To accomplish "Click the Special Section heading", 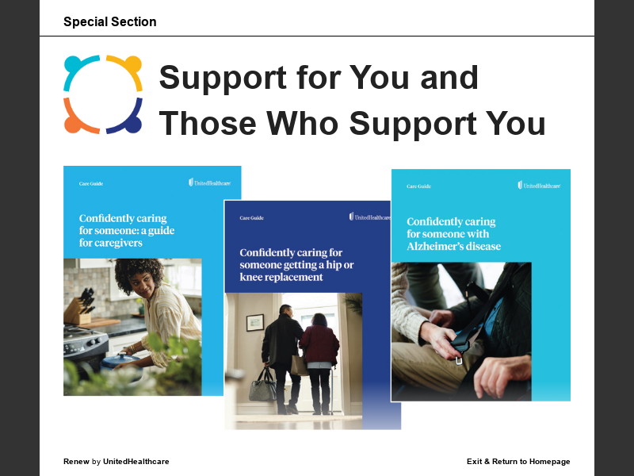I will [109, 22].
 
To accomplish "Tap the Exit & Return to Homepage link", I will [518, 462].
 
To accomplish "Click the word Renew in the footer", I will [76, 462].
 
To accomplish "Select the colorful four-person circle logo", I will [103, 94].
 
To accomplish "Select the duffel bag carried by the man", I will [262, 388].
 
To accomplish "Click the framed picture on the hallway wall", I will [255, 321].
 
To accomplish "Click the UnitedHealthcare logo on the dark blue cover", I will [369, 217].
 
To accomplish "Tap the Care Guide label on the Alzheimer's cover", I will [418, 186].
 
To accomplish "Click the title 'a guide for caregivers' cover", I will [127, 231].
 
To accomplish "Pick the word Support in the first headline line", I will [223, 79].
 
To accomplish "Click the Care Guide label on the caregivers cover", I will [91, 183].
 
